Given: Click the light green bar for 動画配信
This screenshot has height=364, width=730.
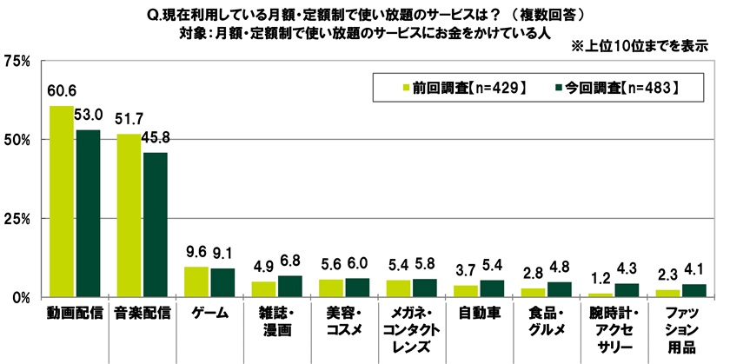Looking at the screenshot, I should [62, 202].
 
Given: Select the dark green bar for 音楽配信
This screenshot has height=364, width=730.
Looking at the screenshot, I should [156, 225].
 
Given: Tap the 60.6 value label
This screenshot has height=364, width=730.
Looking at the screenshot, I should [61, 90].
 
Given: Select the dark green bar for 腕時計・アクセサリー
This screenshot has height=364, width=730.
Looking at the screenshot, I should [626, 290].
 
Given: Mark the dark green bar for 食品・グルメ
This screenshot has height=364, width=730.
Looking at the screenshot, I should [558, 289].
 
